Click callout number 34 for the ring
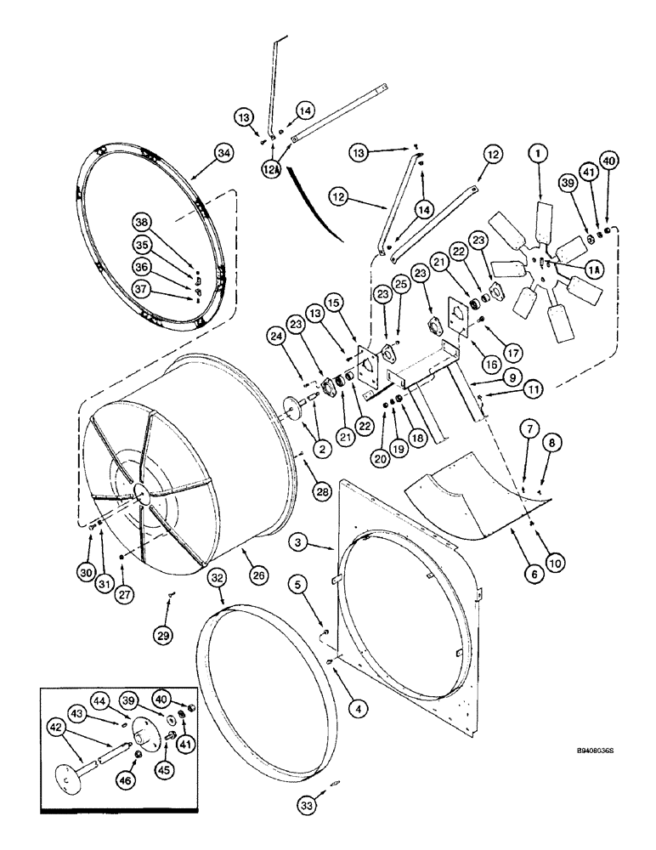pyautogui.click(x=223, y=153)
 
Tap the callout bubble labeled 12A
pyautogui.click(x=271, y=168)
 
